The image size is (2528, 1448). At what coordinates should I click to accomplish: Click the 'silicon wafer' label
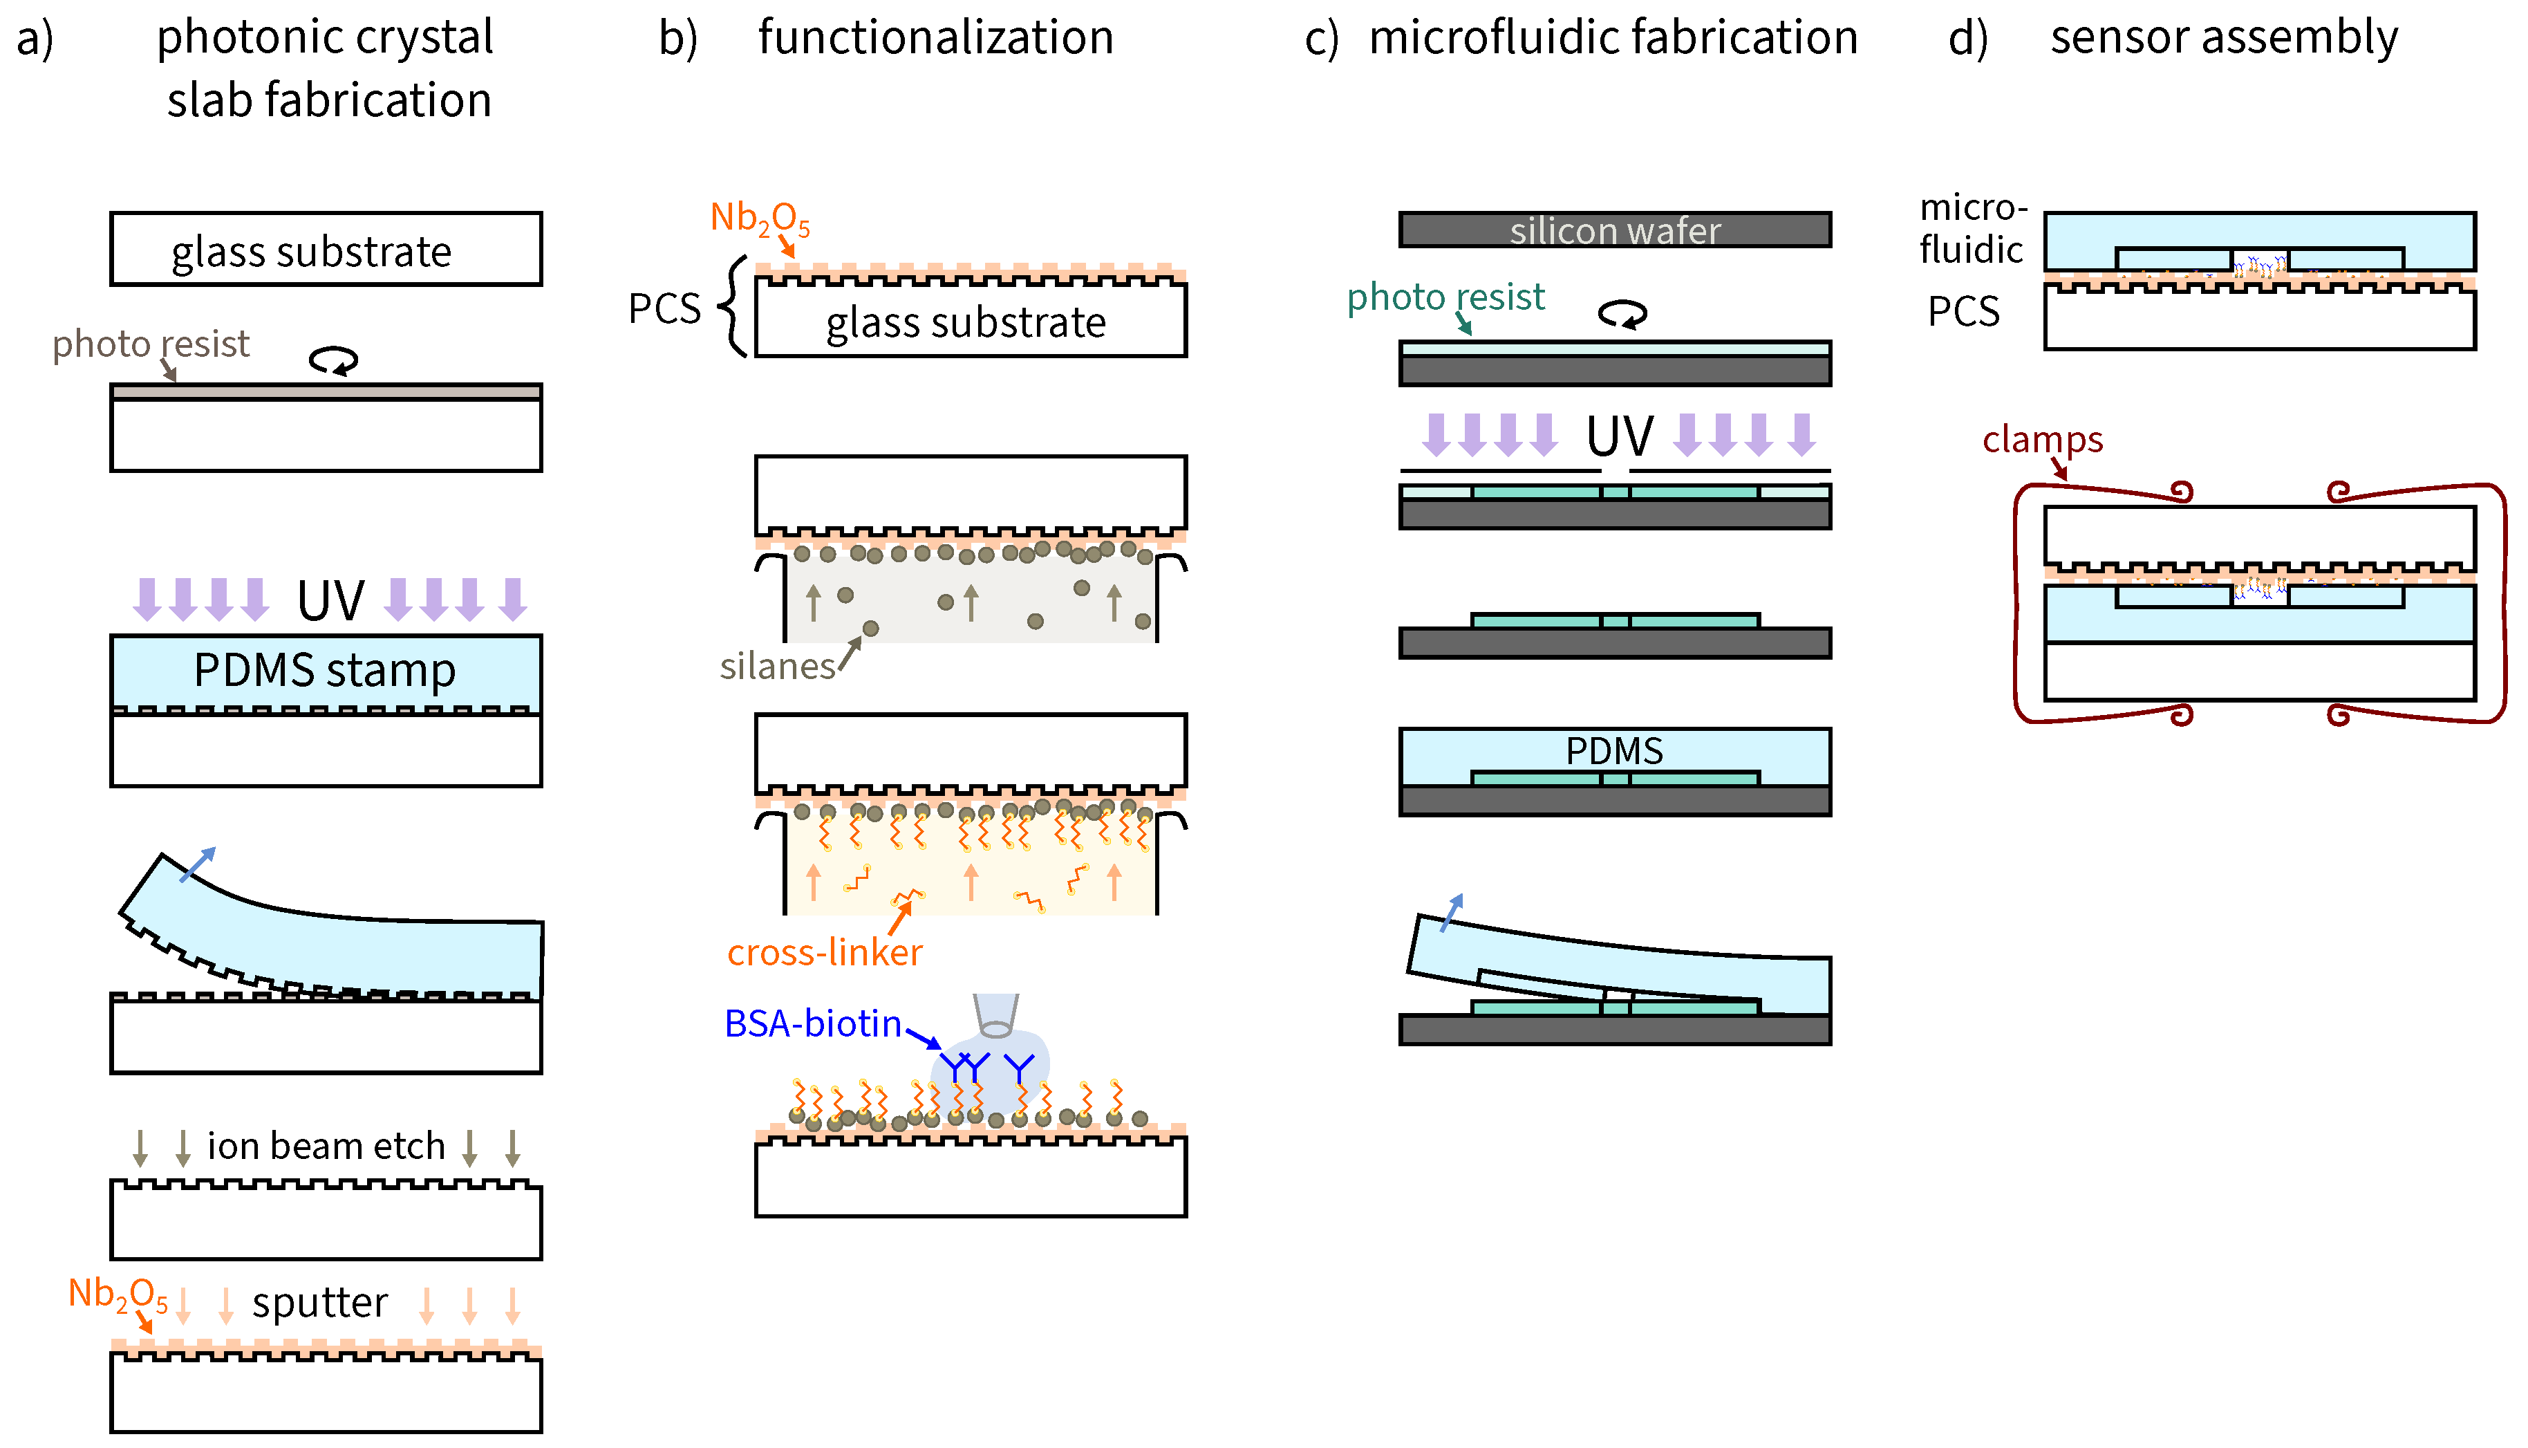point(1614,231)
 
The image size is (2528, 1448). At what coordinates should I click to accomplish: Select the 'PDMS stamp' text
point(325,670)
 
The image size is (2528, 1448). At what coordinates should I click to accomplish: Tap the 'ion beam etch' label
point(326,1146)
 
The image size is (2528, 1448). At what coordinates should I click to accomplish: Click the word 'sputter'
point(319,1303)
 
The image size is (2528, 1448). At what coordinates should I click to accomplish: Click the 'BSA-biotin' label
point(812,1023)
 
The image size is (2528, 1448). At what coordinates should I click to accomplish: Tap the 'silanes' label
point(778,667)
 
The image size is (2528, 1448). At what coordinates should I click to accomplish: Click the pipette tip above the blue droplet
point(996,1015)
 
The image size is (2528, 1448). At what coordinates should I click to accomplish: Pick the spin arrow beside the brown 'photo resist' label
point(333,360)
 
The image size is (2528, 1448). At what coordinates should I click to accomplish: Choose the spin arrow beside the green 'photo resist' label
point(1622,314)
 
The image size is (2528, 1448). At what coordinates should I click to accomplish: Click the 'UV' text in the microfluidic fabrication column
point(1620,436)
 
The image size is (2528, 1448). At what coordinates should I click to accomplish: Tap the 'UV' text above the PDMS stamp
point(331,601)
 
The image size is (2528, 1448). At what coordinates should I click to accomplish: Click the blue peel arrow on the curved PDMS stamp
point(197,864)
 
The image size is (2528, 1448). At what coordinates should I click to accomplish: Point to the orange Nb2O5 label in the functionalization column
point(760,219)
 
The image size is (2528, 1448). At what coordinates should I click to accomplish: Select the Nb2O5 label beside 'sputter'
point(118,1295)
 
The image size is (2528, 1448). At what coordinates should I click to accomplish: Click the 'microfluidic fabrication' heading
point(1613,38)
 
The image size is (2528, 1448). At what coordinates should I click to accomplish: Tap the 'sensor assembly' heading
point(2224,38)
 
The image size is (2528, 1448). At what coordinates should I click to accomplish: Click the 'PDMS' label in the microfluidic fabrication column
point(1614,751)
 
